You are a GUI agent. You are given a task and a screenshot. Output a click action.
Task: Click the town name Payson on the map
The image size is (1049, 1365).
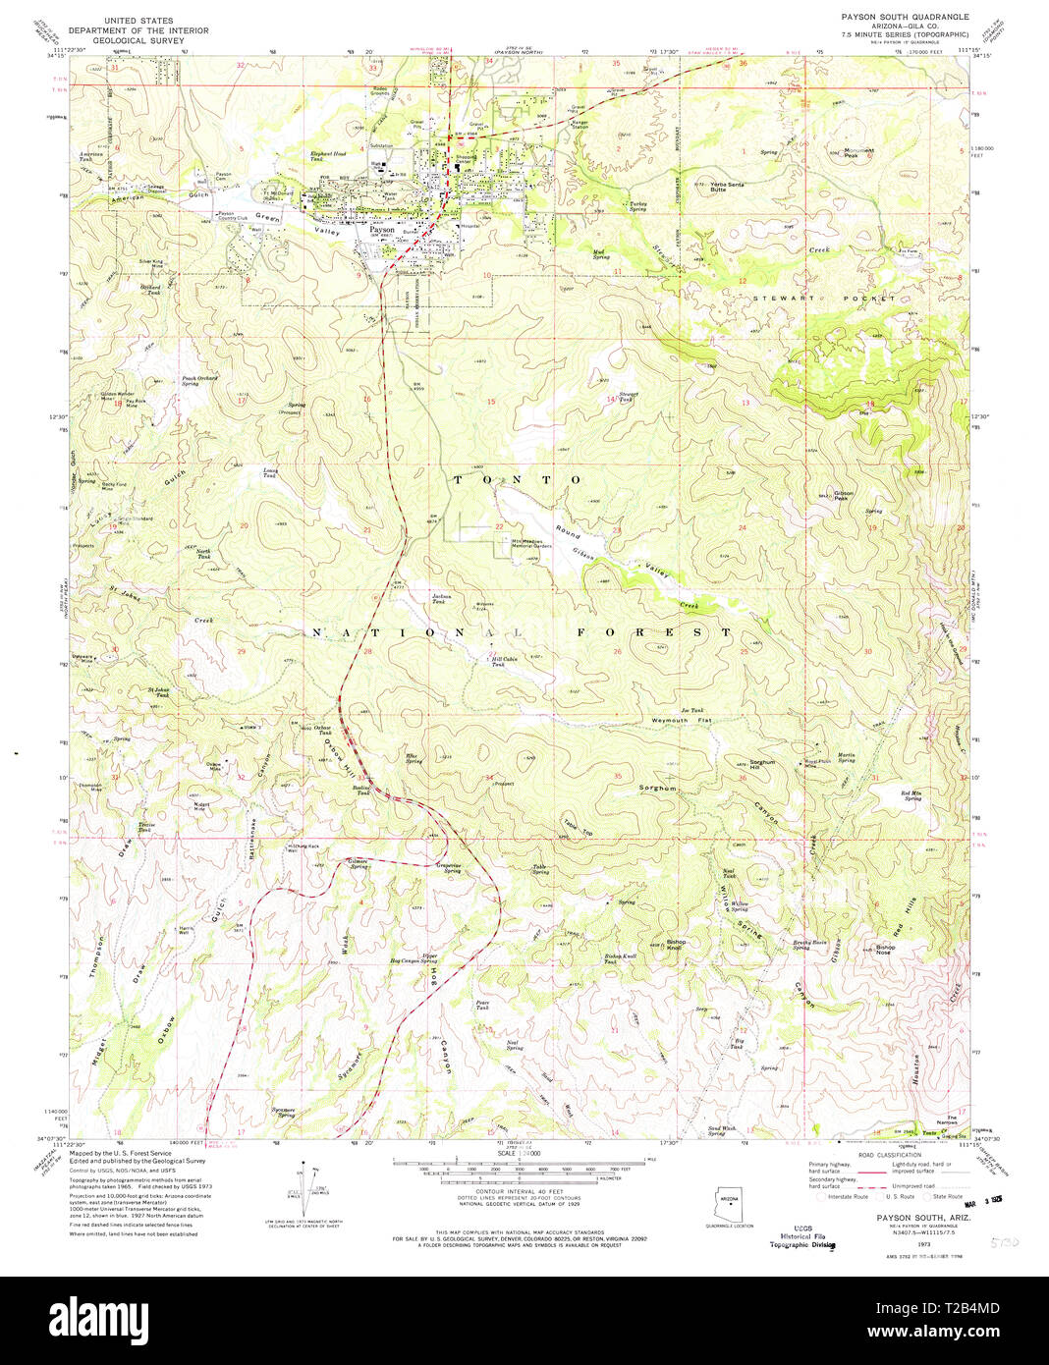click(x=382, y=230)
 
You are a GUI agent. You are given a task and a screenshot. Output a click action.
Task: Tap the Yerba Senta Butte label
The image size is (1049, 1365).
click(x=727, y=187)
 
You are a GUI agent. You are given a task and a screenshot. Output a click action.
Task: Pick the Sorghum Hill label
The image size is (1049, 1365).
click(x=763, y=764)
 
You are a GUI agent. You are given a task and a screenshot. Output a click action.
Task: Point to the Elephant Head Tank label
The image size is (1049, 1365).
click(x=328, y=156)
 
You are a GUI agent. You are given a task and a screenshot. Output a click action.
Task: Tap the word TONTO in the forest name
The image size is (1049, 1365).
click(x=517, y=479)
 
